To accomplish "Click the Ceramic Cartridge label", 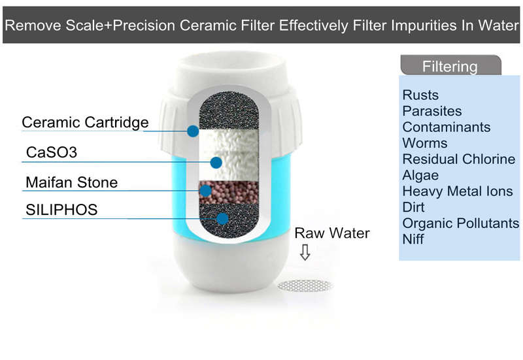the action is pos(85,123).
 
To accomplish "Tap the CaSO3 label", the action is pos(52,152).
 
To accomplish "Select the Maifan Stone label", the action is pos(72,182).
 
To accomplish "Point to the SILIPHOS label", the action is pos(61,210).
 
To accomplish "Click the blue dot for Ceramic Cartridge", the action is pos(193,131).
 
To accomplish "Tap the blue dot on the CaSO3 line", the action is pos(216,163).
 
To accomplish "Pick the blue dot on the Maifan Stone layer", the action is pos(205,191).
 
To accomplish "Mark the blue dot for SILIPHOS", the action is pos(222,219).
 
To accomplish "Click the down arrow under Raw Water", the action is pos(305,252).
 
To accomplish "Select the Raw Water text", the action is pos(332,233).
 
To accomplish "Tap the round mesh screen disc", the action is pos(305,286).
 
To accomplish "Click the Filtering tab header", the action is pos(450,65).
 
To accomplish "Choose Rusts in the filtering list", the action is pos(420,95).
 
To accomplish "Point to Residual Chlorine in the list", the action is pos(459,159).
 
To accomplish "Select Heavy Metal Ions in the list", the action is pos(458,191).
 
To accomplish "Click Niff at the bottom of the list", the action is pos(413,239).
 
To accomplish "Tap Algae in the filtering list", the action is pos(420,176).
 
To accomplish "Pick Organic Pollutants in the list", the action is pos(461,223).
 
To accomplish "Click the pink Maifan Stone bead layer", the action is pos(229,192).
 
